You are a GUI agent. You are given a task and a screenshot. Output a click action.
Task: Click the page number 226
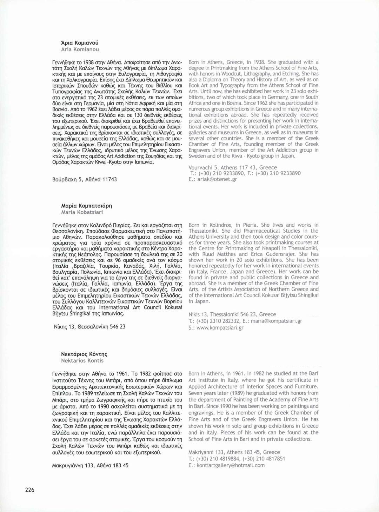[29, 490]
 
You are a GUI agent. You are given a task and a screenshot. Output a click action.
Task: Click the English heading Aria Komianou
[80, 49]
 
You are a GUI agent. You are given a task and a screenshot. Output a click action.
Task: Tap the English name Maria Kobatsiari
[82, 212]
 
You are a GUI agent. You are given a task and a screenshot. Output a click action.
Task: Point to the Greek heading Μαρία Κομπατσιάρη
[87, 206]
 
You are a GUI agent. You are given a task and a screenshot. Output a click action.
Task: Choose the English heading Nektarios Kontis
[82, 360]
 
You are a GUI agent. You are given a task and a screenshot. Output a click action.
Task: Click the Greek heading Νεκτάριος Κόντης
[84, 354]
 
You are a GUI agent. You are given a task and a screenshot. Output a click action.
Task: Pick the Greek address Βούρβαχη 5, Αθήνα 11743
[85, 179]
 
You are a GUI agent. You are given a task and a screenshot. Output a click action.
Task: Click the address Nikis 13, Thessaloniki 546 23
[232, 314]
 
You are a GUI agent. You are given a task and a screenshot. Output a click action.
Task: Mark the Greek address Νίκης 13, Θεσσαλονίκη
[89, 326]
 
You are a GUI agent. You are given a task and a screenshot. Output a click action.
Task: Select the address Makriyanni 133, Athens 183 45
[234, 452]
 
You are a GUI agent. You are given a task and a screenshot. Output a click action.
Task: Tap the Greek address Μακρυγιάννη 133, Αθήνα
[90, 465]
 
